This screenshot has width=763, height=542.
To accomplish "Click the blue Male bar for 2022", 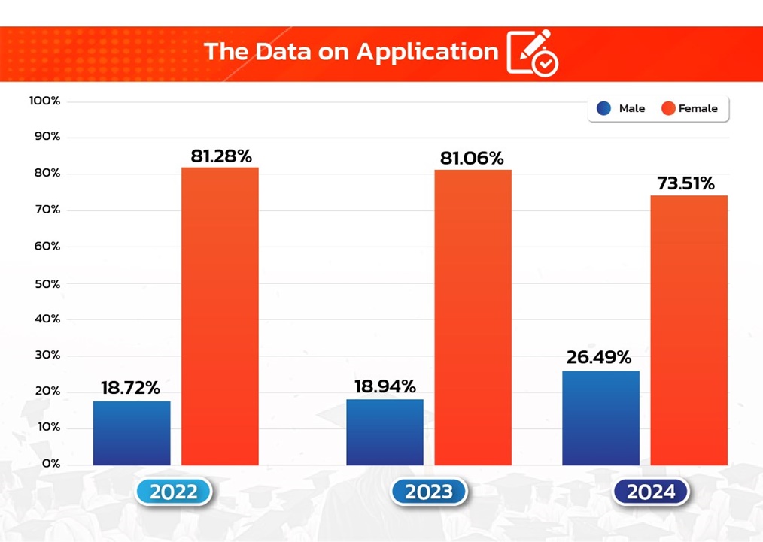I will pyautogui.click(x=132, y=433).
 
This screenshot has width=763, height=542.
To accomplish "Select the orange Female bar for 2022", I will pyautogui.click(x=220, y=316).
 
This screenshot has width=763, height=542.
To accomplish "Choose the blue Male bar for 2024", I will pyautogui.click(x=601, y=418).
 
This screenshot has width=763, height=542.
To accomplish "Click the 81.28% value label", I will pyautogui.click(x=220, y=156).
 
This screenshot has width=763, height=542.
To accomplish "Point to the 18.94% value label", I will pyautogui.click(x=385, y=387).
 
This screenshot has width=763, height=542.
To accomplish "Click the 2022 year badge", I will pyautogui.click(x=174, y=492).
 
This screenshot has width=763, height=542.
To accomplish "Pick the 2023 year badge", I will pyautogui.click(x=429, y=492).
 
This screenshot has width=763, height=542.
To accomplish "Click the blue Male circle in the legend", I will pyautogui.click(x=603, y=108).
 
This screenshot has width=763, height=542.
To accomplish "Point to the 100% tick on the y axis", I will pyautogui.click(x=46, y=101).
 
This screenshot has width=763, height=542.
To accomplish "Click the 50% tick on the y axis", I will pyautogui.click(x=47, y=283).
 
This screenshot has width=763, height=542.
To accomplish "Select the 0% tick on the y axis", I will pyautogui.click(x=51, y=464).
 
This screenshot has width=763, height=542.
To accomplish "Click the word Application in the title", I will pyautogui.click(x=427, y=51).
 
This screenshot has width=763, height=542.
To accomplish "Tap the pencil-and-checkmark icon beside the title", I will pyautogui.click(x=533, y=53).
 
